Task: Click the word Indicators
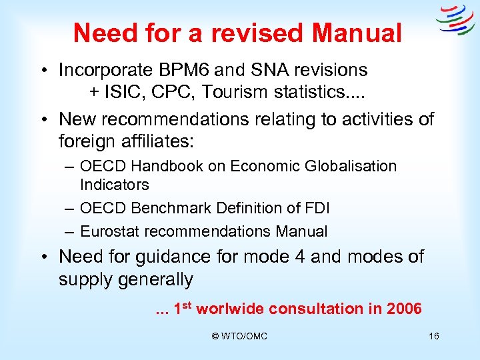click(x=114, y=184)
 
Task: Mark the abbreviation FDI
click(x=315, y=208)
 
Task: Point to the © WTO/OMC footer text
click(x=239, y=337)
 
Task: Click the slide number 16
click(x=433, y=337)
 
